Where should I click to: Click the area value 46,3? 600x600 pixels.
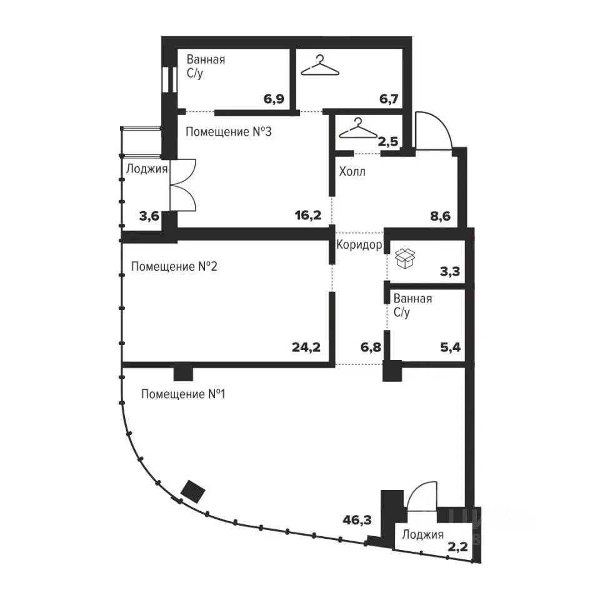[x=357, y=521]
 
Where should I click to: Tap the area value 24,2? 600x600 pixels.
[x=306, y=347]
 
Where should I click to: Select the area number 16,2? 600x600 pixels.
[x=308, y=216]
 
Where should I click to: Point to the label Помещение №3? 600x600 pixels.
[x=229, y=132]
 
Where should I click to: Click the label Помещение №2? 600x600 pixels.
[x=174, y=266]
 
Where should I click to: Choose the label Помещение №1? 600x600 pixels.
[x=183, y=394]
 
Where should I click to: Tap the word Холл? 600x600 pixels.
[x=352, y=171]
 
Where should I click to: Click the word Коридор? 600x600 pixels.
[x=359, y=244]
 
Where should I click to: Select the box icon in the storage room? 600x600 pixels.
[x=405, y=258]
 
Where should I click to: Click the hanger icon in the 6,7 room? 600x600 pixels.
[x=320, y=66]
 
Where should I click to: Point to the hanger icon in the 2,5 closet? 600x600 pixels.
[x=359, y=127]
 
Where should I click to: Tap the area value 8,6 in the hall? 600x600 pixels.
[x=441, y=216]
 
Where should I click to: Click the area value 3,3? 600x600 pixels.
[x=450, y=272]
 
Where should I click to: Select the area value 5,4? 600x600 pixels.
[x=451, y=347]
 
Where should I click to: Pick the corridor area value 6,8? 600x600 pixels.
[x=371, y=347]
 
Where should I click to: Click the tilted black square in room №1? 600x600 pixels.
[x=192, y=491]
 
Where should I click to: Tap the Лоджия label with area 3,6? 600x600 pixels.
[x=147, y=169]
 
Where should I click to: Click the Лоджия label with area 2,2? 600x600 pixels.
[x=423, y=534]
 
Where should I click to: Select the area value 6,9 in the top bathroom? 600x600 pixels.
[x=274, y=99]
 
